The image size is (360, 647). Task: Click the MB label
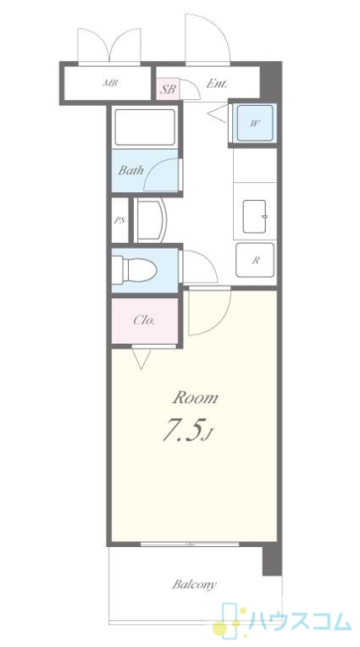click(x=110, y=83)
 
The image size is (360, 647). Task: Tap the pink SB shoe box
click(x=168, y=89)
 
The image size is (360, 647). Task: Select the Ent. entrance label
click(x=216, y=84)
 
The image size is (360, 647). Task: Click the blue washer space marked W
click(x=254, y=123)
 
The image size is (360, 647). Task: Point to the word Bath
click(x=131, y=170)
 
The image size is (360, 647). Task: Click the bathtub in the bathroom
click(x=145, y=127)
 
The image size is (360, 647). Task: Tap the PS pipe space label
click(x=119, y=220)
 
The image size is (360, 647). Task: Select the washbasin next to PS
click(x=151, y=220)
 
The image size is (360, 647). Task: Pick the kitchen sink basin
click(x=254, y=216)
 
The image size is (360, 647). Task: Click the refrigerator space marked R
click(x=255, y=260)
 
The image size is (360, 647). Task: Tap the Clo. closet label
click(x=144, y=320)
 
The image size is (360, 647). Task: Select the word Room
click(x=195, y=398)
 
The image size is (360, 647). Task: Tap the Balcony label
click(x=194, y=584)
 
